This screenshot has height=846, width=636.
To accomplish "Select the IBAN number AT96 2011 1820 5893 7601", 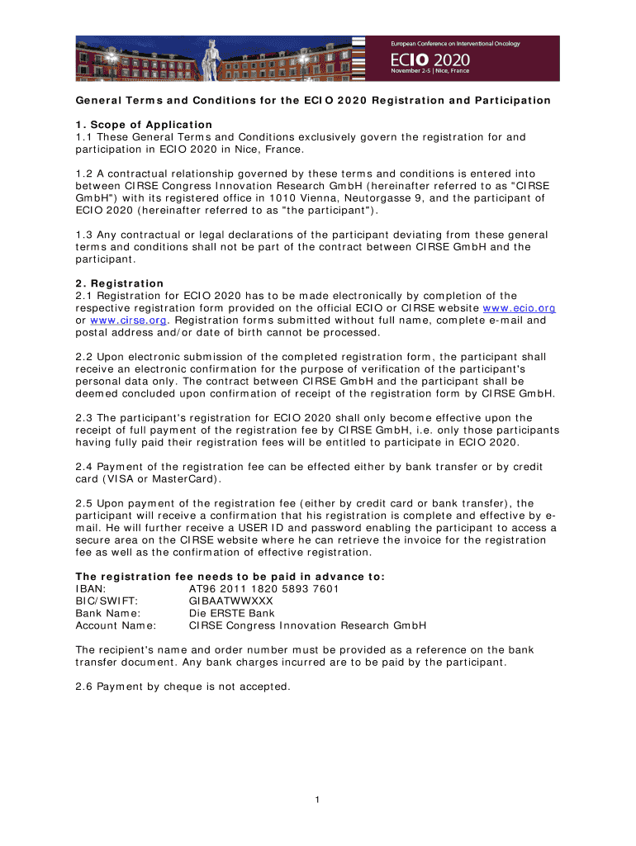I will pos(263,589).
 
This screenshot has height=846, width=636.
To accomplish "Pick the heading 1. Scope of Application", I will pos(144,125).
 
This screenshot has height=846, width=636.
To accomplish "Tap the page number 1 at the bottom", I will pos(318,800).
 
